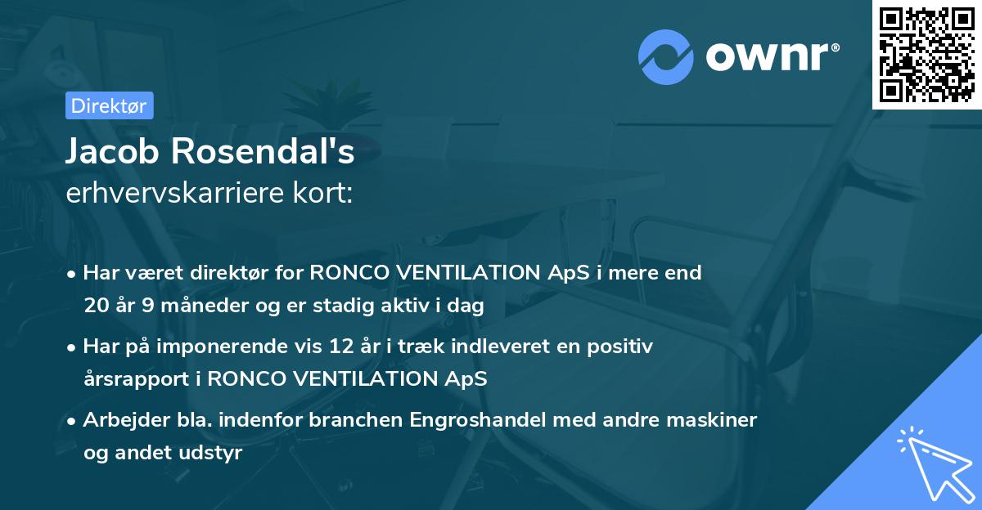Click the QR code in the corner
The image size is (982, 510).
pyautogui.click(x=926, y=55)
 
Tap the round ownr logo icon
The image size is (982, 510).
pyautogui.click(x=667, y=57)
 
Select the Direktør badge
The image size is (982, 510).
pyautogui.click(x=109, y=105)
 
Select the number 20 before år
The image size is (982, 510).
pyautogui.click(x=95, y=306)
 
